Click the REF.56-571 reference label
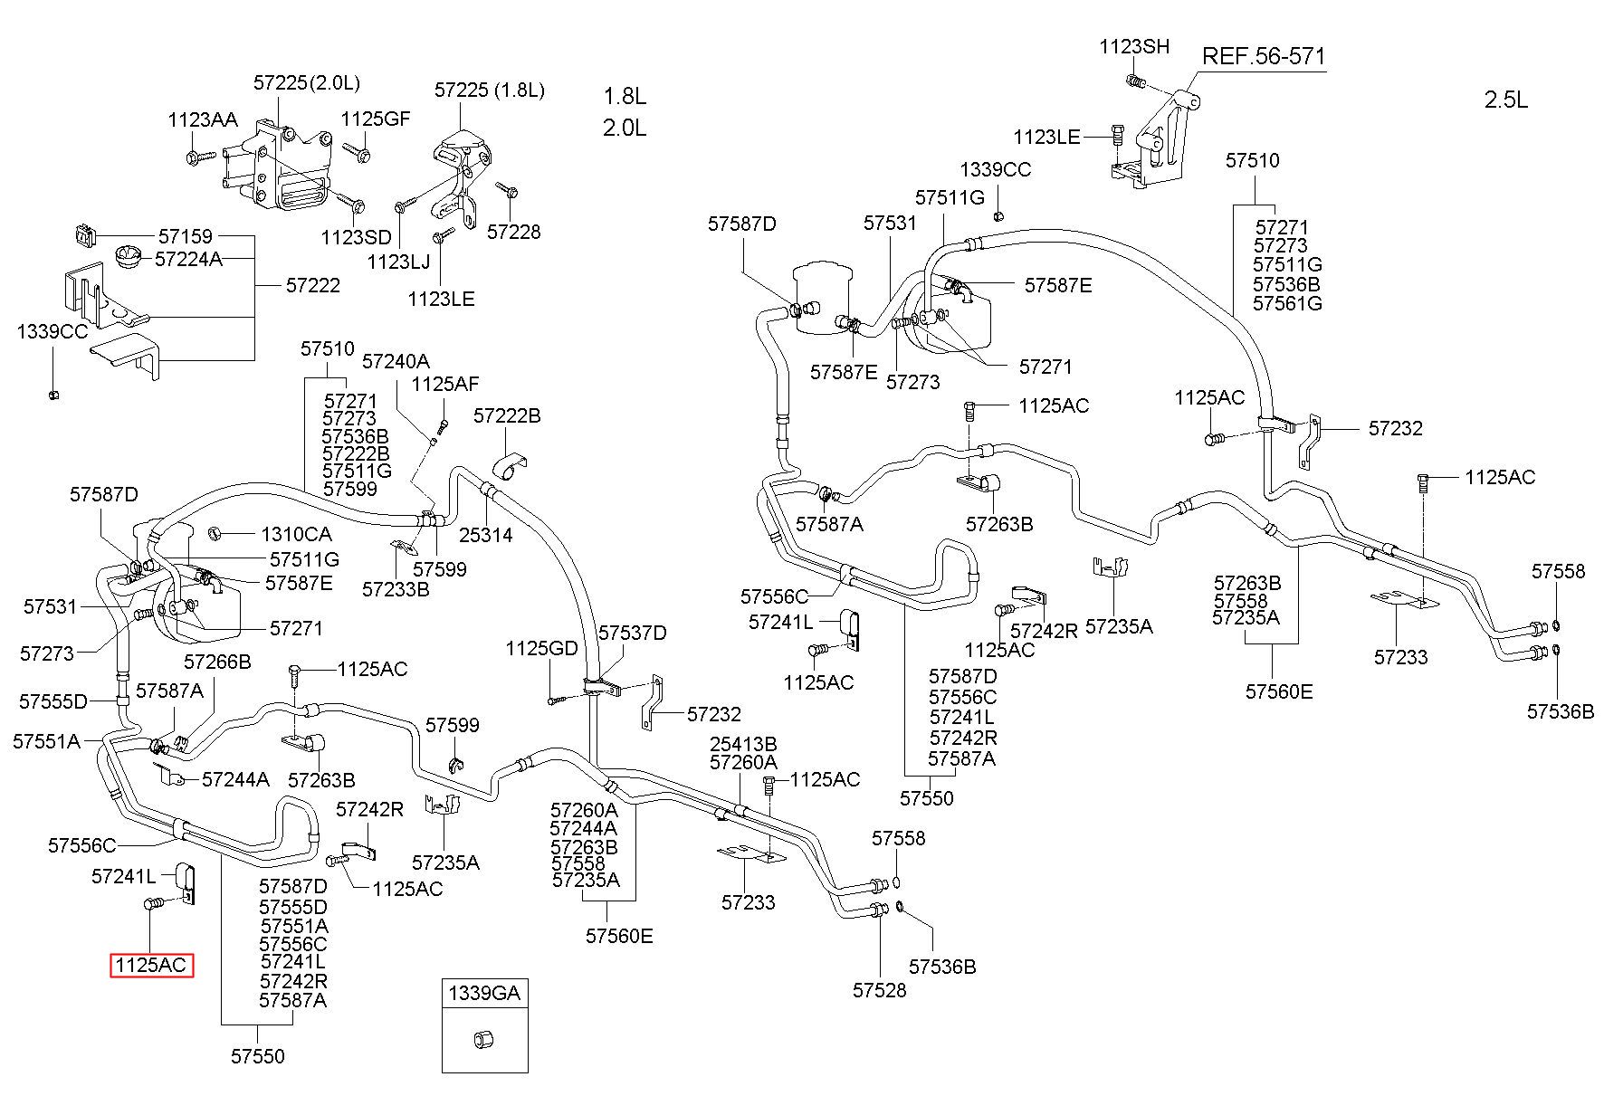[x=1263, y=56]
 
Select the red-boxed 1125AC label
[x=151, y=966]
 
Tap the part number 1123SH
[x=1134, y=46]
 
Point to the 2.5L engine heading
[x=1506, y=100]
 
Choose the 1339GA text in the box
[x=484, y=993]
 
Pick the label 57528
[x=879, y=990]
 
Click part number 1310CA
[x=296, y=534]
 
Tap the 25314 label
[x=485, y=535]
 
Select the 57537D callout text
[x=632, y=633]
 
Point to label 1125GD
[x=541, y=648]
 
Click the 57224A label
[x=188, y=259]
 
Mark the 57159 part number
[x=186, y=236]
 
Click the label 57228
[x=513, y=232]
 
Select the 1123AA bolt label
[x=202, y=120]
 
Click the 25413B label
[x=743, y=744]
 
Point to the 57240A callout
[x=396, y=361]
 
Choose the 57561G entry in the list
[x=1287, y=303]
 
